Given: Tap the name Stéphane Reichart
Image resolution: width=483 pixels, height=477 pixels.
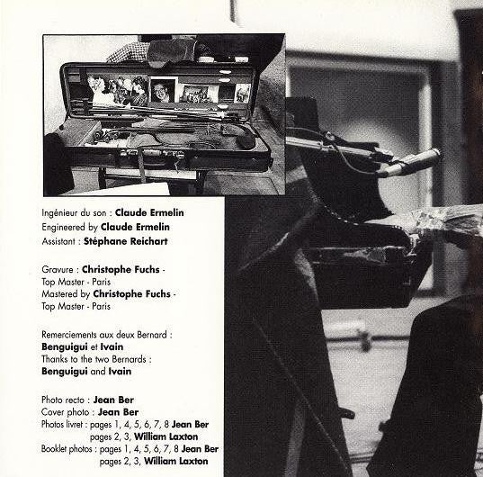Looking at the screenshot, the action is (126, 241).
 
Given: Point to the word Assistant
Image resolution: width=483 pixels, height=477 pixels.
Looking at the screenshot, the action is (58, 241).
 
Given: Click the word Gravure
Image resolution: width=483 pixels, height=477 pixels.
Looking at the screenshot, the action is (58, 270).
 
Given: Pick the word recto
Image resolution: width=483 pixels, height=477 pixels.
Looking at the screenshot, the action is (74, 400).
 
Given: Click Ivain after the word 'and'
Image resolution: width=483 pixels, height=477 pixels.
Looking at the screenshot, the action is (120, 372).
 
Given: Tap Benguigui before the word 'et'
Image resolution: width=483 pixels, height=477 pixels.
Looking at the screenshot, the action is (65, 347).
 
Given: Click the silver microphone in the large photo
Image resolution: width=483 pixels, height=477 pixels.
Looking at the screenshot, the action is (409, 162).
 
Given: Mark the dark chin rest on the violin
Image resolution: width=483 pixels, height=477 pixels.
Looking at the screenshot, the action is (245, 140).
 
